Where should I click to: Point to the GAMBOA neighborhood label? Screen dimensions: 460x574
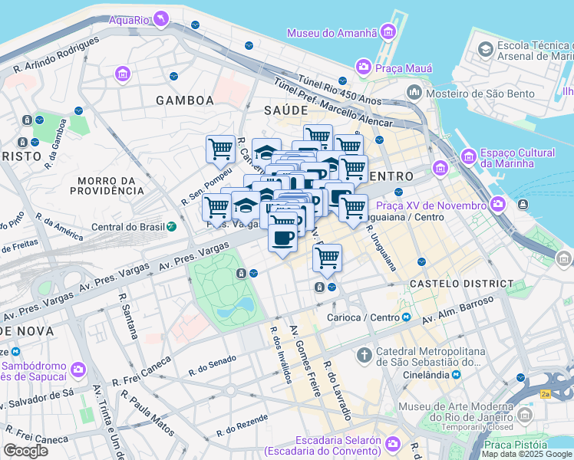click(184, 100)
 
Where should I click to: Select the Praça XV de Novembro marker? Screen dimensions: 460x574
click(498, 205)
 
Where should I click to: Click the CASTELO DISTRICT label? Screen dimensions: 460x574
click(462, 284)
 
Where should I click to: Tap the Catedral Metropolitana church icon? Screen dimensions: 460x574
click(365, 355)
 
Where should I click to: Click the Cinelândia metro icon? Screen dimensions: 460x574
click(456, 374)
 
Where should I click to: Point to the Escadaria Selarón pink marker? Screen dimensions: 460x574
click(392, 444)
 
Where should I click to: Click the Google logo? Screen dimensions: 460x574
click(25, 451)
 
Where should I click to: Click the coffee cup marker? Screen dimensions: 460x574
click(282, 238)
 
